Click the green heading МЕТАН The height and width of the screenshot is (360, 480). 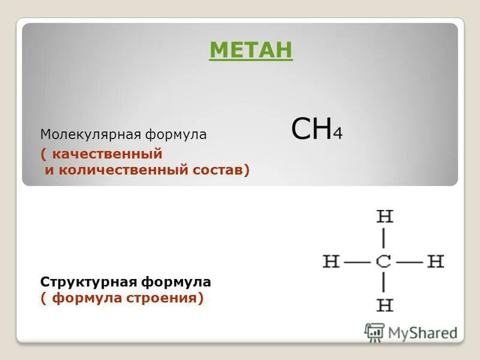[251, 50]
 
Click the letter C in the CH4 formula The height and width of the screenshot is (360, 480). [302, 129]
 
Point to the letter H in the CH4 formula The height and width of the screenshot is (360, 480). [322, 129]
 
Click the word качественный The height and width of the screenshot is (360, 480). [107, 154]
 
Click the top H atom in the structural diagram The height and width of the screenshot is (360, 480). [384, 217]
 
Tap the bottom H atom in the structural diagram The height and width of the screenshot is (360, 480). [384, 305]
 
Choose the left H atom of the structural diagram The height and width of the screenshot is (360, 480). [331, 262]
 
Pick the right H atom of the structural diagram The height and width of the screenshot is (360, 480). [436, 262]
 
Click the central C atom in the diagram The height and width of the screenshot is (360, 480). [384, 262]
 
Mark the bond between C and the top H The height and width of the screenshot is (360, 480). [384, 239]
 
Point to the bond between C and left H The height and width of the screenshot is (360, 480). [358, 262]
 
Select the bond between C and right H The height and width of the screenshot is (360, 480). [410, 262]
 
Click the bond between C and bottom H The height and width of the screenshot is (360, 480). [384, 283]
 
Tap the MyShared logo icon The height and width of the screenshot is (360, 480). [374, 332]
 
